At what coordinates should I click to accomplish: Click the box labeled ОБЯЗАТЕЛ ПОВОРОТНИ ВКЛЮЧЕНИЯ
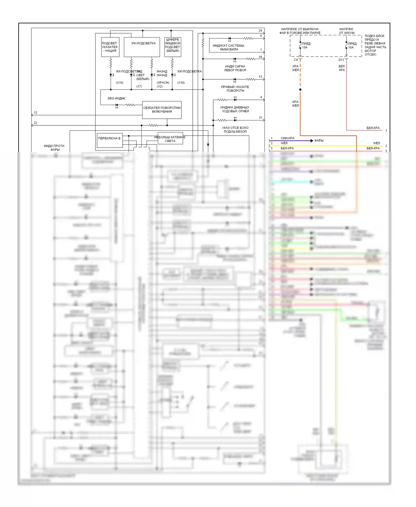162,110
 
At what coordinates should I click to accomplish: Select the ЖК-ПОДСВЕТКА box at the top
142,47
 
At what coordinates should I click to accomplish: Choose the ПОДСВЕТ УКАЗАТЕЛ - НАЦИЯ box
110,47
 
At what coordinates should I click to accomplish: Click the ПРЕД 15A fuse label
306,45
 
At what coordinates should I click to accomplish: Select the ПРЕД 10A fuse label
352,45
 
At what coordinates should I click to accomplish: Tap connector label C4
296,60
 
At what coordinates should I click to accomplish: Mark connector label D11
341,60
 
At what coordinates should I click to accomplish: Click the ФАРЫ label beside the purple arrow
319,141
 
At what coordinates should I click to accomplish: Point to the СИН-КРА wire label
287,138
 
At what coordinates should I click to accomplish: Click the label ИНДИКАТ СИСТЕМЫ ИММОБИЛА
229,47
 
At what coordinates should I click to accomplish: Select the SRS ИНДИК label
116,98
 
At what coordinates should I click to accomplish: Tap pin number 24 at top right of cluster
260,31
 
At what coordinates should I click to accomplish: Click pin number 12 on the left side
35,113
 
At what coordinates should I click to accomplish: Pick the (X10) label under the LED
120,83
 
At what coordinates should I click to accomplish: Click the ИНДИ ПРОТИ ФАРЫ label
54,148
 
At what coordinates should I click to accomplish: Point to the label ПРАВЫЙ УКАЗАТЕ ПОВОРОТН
235,89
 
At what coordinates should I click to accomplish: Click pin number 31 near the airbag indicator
260,118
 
